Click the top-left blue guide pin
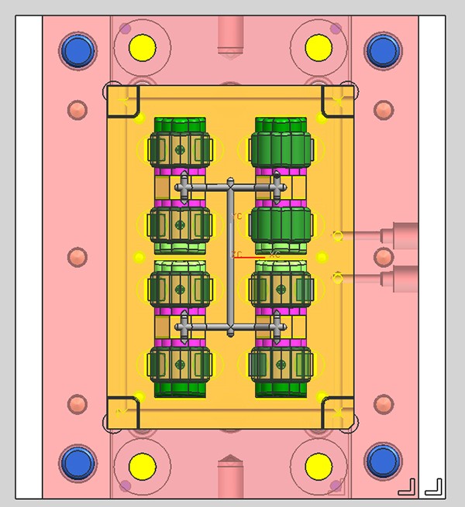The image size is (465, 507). coord(76,51)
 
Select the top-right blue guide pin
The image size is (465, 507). coord(382,51)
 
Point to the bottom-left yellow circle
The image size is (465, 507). coord(142,467)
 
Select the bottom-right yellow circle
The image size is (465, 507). coord(318,467)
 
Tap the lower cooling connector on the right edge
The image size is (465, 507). coord(405,276)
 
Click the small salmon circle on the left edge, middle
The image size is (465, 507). coord(77,256)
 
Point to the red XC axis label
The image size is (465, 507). coord(274,255)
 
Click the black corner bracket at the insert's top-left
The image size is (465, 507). coord(125,101)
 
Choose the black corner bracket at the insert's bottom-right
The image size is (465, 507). coord(336,412)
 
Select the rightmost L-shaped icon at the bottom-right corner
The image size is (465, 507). coord(434,486)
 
